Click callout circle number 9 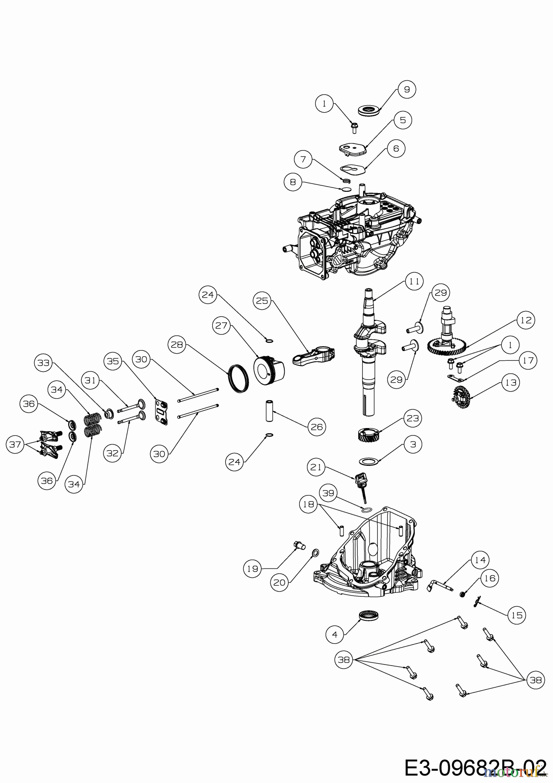click(x=407, y=89)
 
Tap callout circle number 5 click(x=403, y=120)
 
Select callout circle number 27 click(x=222, y=326)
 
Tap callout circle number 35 click(x=113, y=361)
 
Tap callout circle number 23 click(x=413, y=418)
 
